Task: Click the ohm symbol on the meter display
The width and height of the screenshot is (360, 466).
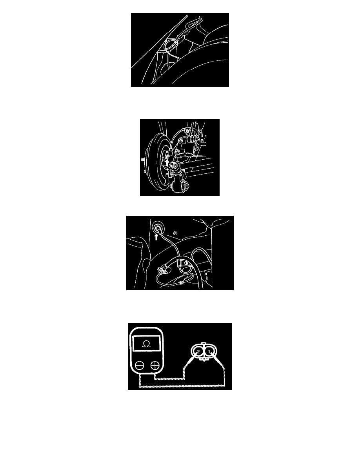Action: pyautogui.click(x=147, y=344)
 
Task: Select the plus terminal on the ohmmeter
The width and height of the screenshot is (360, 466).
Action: pyautogui.click(x=155, y=365)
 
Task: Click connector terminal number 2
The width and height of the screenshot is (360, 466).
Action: pyautogui.click(x=198, y=352)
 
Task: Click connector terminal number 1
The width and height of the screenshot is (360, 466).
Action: pyautogui.click(x=209, y=352)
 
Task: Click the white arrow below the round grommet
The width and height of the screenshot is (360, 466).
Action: pyautogui.click(x=156, y=237)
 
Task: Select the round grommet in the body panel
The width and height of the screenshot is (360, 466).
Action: pyautogui.click(x=158, y=229)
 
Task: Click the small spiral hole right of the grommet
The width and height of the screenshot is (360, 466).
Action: pyautogui.click(x=175, y=233)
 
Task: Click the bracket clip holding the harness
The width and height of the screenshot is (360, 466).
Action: pyautogui.click(x=180, y=264)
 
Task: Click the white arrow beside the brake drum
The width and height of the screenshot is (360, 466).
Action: pyautogui.click(x=167, y=162)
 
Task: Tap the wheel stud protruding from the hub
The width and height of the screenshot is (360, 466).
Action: pyautogui.click(x=143, y=160)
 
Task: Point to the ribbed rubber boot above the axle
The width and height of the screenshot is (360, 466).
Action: pyautogui.click(x=189, y=139)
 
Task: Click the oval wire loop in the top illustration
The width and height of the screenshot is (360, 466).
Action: pyautogui.click(x=171, y=45)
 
